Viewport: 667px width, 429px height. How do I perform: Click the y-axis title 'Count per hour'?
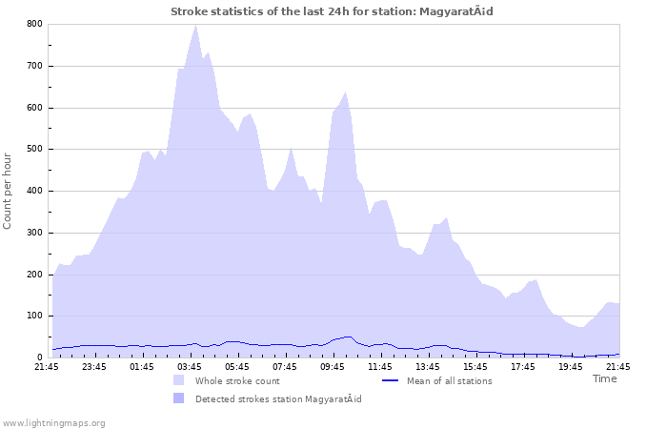point(9,190)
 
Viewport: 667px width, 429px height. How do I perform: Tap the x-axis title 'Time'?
point(604,378)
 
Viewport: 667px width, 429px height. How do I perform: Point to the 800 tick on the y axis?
point(34,24)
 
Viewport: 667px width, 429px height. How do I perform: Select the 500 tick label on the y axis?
point(34,149)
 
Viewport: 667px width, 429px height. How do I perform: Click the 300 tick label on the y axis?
point(34,233)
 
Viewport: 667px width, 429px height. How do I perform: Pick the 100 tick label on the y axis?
point(34,316)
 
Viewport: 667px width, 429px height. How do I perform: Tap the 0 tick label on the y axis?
point(39,357)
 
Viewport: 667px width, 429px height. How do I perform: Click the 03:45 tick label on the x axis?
point(190,366)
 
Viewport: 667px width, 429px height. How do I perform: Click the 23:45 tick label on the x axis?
point(94,366)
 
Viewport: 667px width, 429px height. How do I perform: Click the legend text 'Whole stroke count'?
point(238,381)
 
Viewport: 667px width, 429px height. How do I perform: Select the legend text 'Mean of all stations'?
point(449,381)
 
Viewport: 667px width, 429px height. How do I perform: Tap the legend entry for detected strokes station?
point(278,398)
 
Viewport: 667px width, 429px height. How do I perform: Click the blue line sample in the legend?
point(389,381)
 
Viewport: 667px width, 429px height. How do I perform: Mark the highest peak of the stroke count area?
point(195,26)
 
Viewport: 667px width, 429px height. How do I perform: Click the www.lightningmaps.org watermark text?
point(53,422)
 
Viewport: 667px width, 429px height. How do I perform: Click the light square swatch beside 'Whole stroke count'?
point(179,381)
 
